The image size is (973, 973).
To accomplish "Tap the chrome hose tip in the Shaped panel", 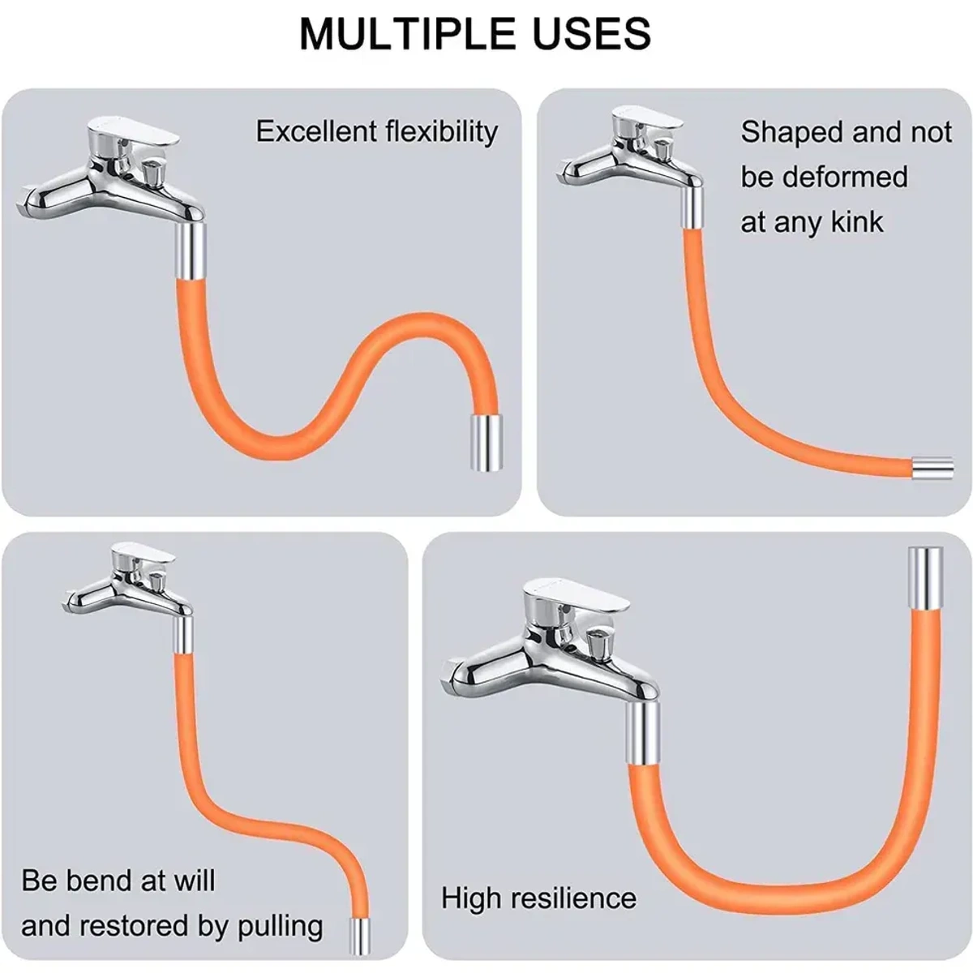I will pyautogui.click(x=932, y=469).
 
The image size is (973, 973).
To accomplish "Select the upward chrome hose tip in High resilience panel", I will pyautogui.click(x=925, y=577).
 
